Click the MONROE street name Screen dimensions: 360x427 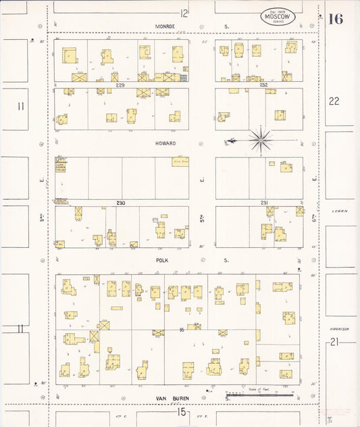(x=165, y=26)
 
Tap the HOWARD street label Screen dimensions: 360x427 (x=165, y=143)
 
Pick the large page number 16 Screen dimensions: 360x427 (x=336, y=19)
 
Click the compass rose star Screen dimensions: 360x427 (x=260, y=140)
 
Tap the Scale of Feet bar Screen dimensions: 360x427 (x=249, y=394)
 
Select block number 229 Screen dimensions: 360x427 (x=121, y=85)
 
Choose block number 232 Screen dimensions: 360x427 (x=263, y=85)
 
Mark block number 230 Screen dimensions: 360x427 (x=121, y=203)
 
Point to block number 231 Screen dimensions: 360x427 (x=263, y=203)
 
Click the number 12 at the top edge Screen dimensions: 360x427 (x=184, y=12)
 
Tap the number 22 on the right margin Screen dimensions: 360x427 (x=334, y=101)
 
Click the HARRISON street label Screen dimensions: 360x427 (x=339, y=329)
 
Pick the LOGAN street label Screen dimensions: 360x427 (x=339, y=211)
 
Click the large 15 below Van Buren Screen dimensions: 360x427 (x=181, y=411)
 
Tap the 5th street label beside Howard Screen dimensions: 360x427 (x=202, y=180)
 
